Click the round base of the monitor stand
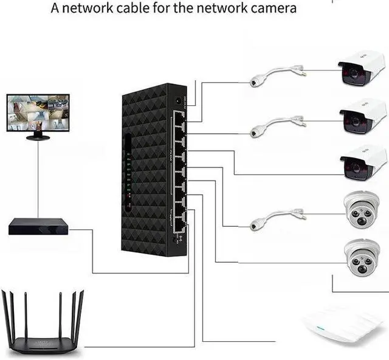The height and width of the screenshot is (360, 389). point(38,138)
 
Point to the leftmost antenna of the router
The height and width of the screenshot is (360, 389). point(6,310)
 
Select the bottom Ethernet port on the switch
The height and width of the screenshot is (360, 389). point(181,226)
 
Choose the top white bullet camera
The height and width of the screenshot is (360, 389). point(361,68)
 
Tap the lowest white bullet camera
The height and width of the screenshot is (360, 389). point(362,161)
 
